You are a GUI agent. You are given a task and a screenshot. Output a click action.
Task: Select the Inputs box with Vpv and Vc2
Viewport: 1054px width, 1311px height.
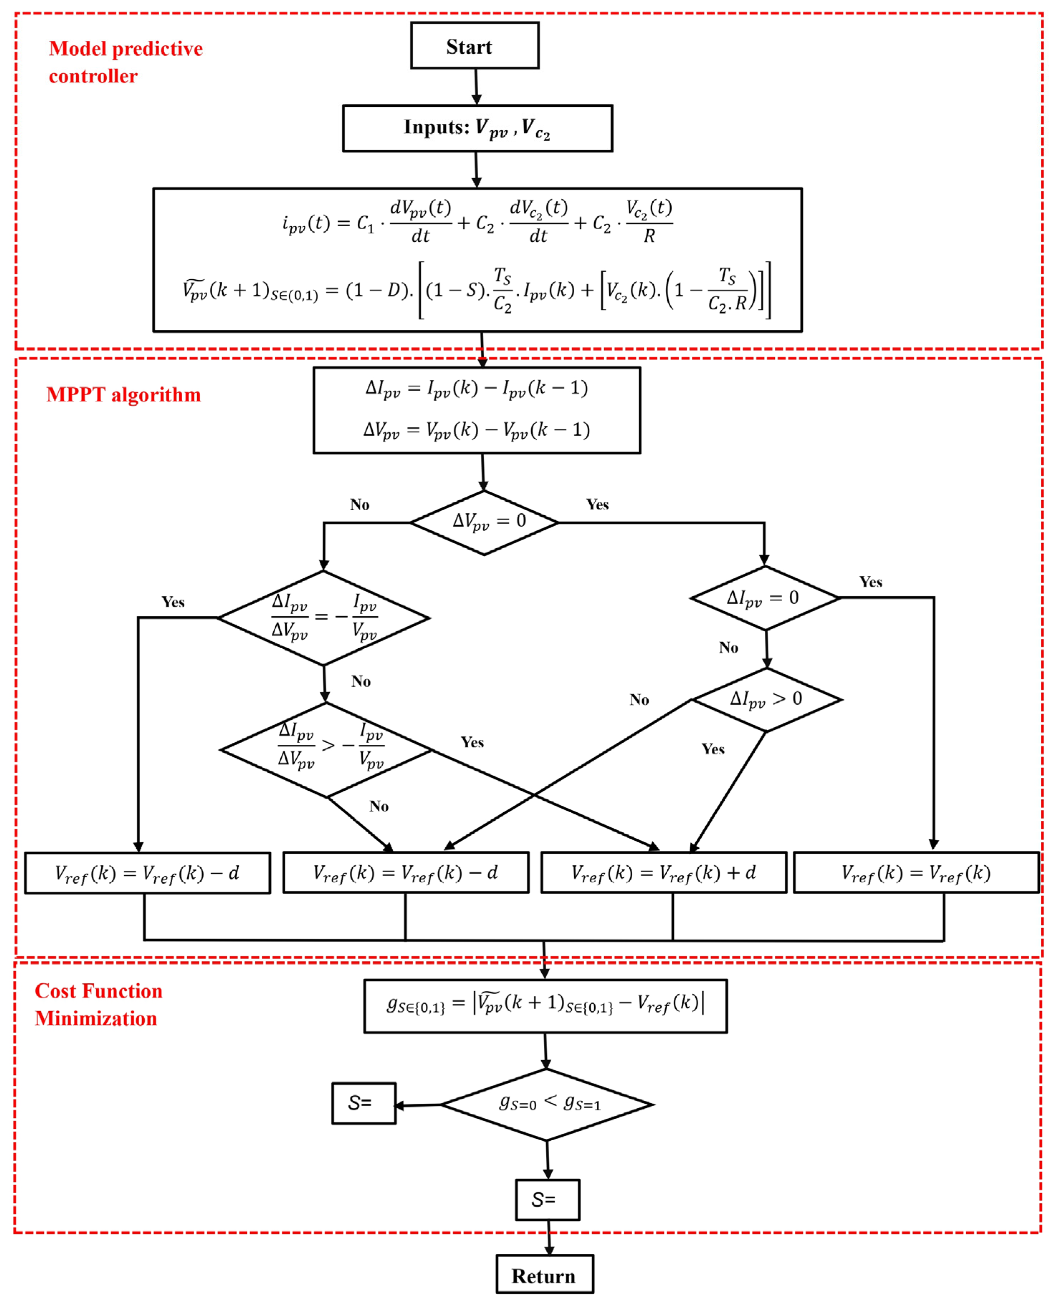point(477,128)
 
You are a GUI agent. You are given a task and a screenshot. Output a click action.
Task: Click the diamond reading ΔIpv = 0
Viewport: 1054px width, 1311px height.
point(765,598)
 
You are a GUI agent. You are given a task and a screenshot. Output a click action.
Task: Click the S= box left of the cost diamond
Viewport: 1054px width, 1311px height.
point(363,1103)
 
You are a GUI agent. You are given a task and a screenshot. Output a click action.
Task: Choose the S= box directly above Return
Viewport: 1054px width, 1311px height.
point(547,1200)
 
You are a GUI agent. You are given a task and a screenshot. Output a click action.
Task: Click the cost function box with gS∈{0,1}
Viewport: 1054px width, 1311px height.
point(545,1006)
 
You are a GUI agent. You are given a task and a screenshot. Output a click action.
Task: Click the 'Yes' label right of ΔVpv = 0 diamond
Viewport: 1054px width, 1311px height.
point(597,504)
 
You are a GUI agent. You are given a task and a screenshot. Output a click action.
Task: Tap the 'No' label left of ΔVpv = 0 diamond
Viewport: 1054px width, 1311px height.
point(359,504)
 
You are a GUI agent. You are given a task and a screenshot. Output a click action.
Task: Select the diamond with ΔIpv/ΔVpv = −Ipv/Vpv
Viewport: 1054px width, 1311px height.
point(324,618)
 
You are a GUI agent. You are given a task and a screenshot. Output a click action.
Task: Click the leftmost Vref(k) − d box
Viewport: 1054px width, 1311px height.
point(147,873)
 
